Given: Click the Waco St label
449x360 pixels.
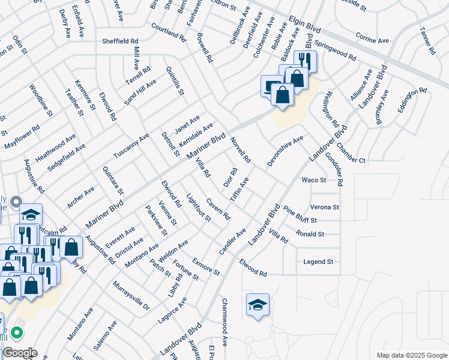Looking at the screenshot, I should pos(313,179).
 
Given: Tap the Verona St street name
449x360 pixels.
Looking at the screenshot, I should pos(325,207).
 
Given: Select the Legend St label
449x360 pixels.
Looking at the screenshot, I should pos(318,262).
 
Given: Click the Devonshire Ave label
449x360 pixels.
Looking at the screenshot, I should pos(286,152).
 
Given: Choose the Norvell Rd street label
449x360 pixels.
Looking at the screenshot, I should pos(240,151).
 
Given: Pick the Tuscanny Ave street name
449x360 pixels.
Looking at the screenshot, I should pos(131,146).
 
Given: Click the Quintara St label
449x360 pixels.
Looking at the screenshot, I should pos(112,181).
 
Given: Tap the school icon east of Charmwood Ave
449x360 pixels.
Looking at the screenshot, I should pos(258,304).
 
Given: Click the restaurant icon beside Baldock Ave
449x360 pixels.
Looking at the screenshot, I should pos(306,59).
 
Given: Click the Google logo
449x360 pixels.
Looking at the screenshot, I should pos(19,353).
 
